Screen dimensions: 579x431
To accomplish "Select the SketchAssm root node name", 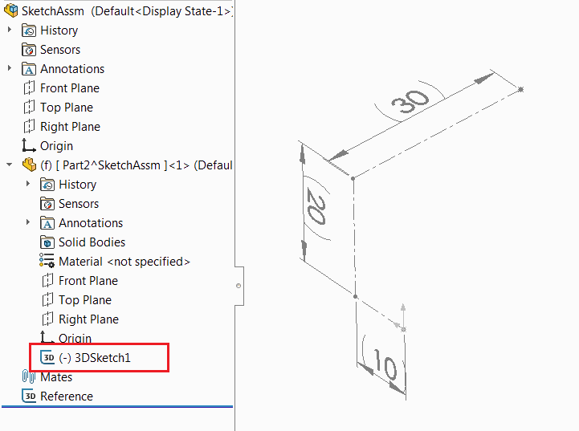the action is [x=53, y=11].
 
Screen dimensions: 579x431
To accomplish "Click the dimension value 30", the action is [x=410, y=101].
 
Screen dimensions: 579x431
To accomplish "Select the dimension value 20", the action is [x=316, y=205].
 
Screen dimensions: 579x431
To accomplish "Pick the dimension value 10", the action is [x=385, y=364].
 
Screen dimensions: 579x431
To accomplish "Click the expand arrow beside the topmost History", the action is [x=10, y=30].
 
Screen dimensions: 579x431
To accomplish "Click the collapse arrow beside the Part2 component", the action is [x=9, y=165].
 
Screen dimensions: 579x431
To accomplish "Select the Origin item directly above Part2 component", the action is [x=56, y=146].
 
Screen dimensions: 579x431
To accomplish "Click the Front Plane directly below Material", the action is [x=88, y=281].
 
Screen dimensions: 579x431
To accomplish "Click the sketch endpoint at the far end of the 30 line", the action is [x=520, y=89].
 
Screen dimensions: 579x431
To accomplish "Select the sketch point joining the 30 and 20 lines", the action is [x=353, y=179].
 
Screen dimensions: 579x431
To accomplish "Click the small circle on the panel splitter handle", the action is [x=239, y=286].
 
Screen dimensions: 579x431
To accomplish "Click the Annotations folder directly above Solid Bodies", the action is [x=91, y=223].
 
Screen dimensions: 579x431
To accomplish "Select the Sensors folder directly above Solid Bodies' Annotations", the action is [x=79, y=204].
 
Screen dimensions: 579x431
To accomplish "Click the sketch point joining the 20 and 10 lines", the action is [x=355, y=296].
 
